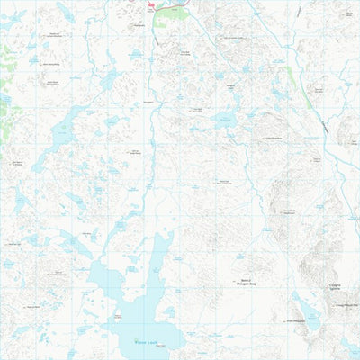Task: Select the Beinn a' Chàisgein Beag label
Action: tap(244, 283)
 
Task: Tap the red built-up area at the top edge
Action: tap(150, 5)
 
